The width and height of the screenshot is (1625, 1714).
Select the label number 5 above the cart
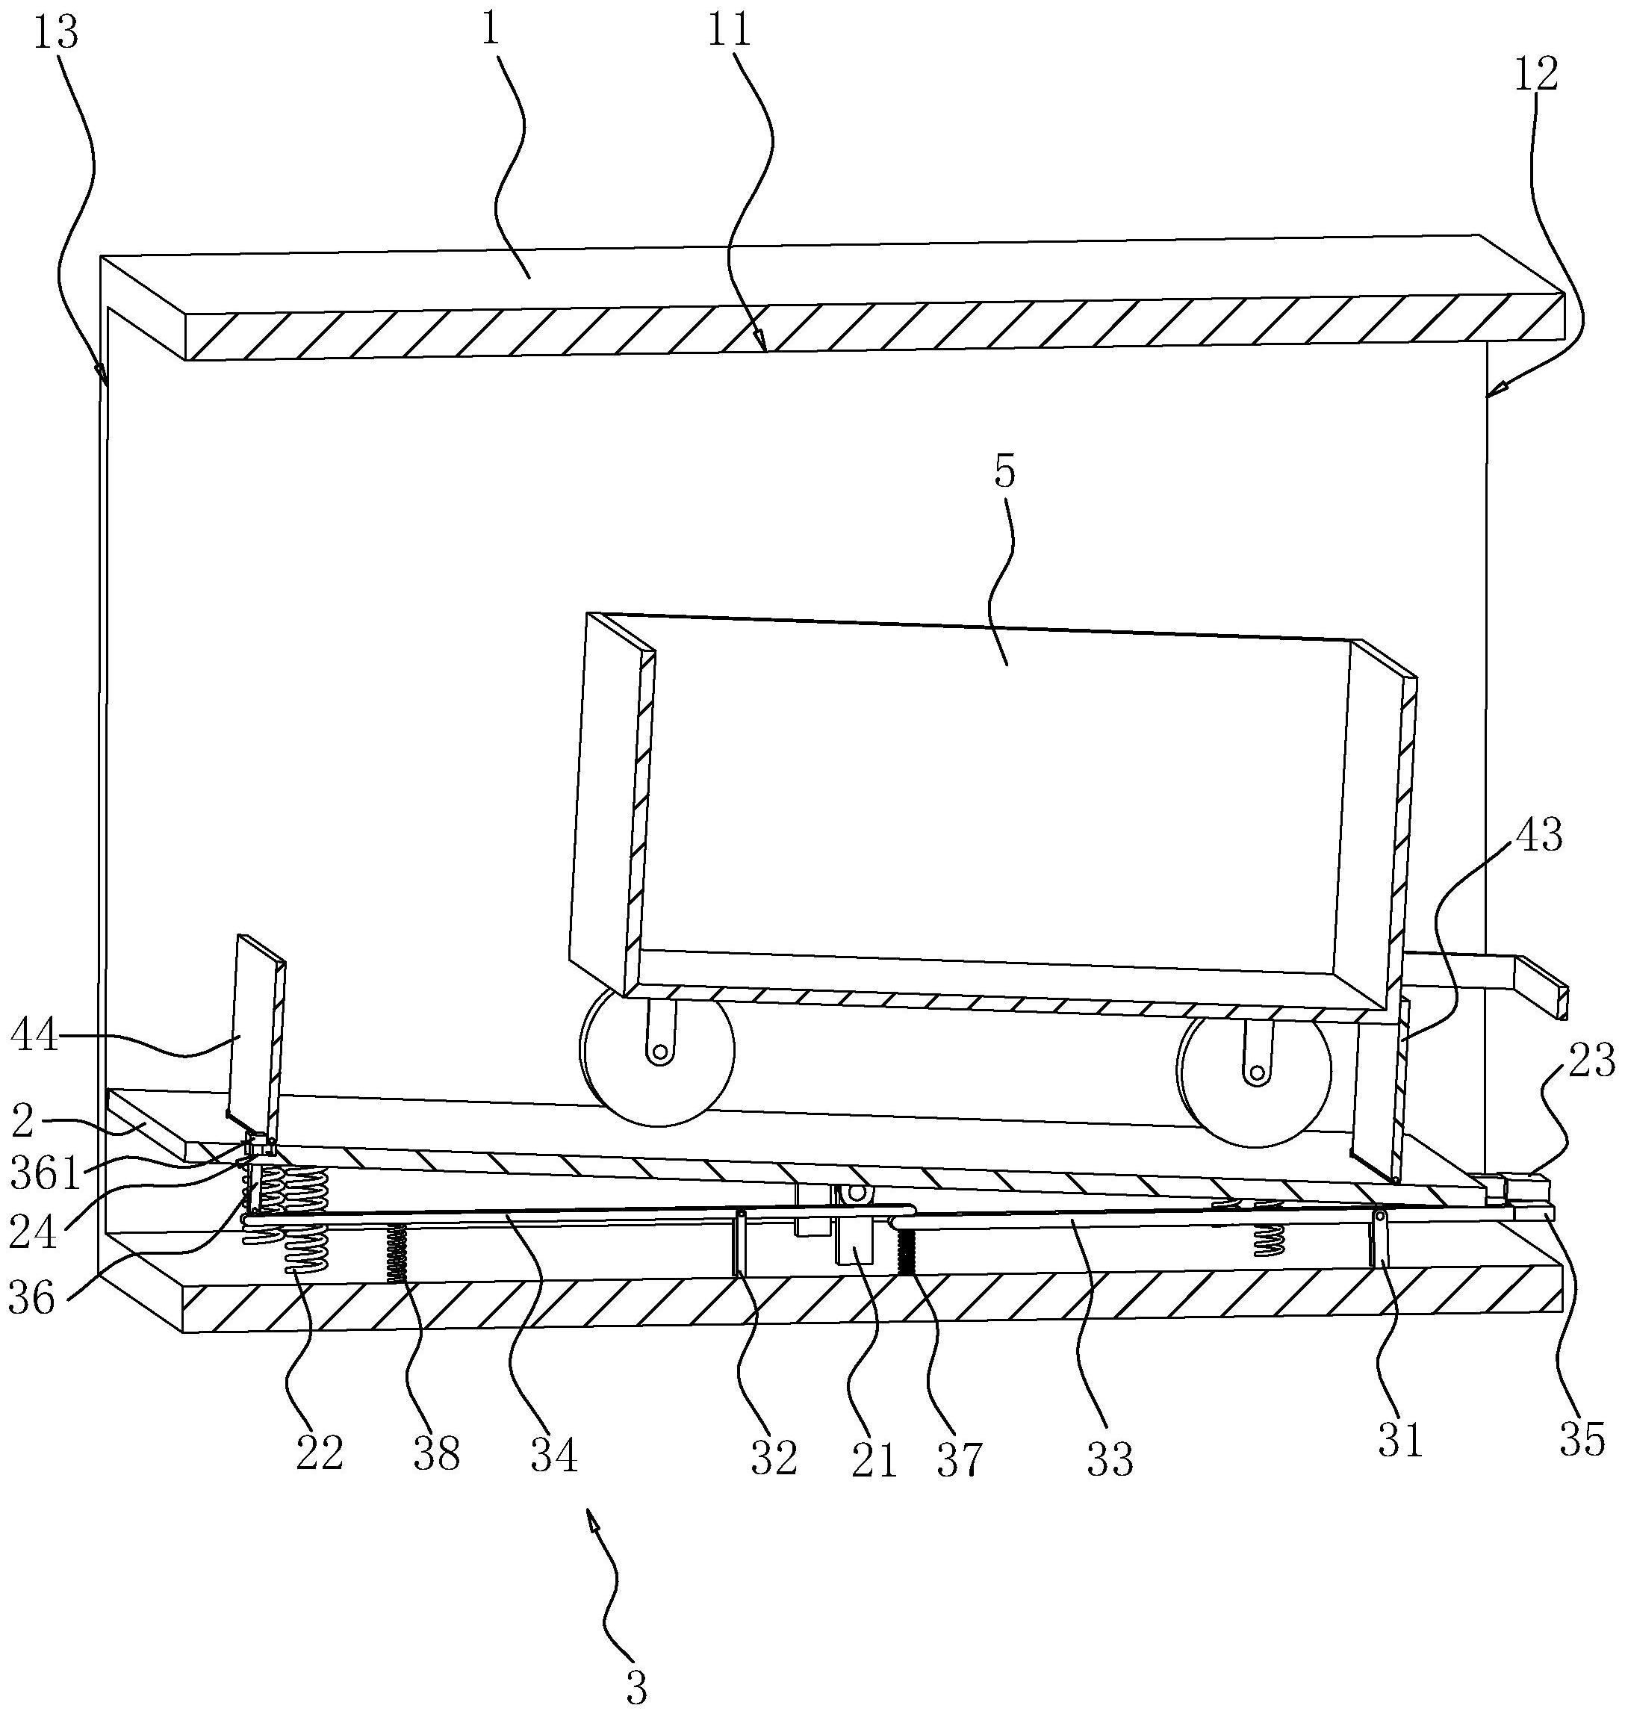point(1004,473)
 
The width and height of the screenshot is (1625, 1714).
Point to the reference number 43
point(1538,836)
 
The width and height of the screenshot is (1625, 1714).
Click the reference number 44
point(34,1035)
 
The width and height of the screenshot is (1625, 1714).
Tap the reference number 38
point(435,1453)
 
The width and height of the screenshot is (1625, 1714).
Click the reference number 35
point(1582,1441)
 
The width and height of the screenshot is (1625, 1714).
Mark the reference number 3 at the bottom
point(637,1686)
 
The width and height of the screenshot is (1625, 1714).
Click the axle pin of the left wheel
point(660,1052)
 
